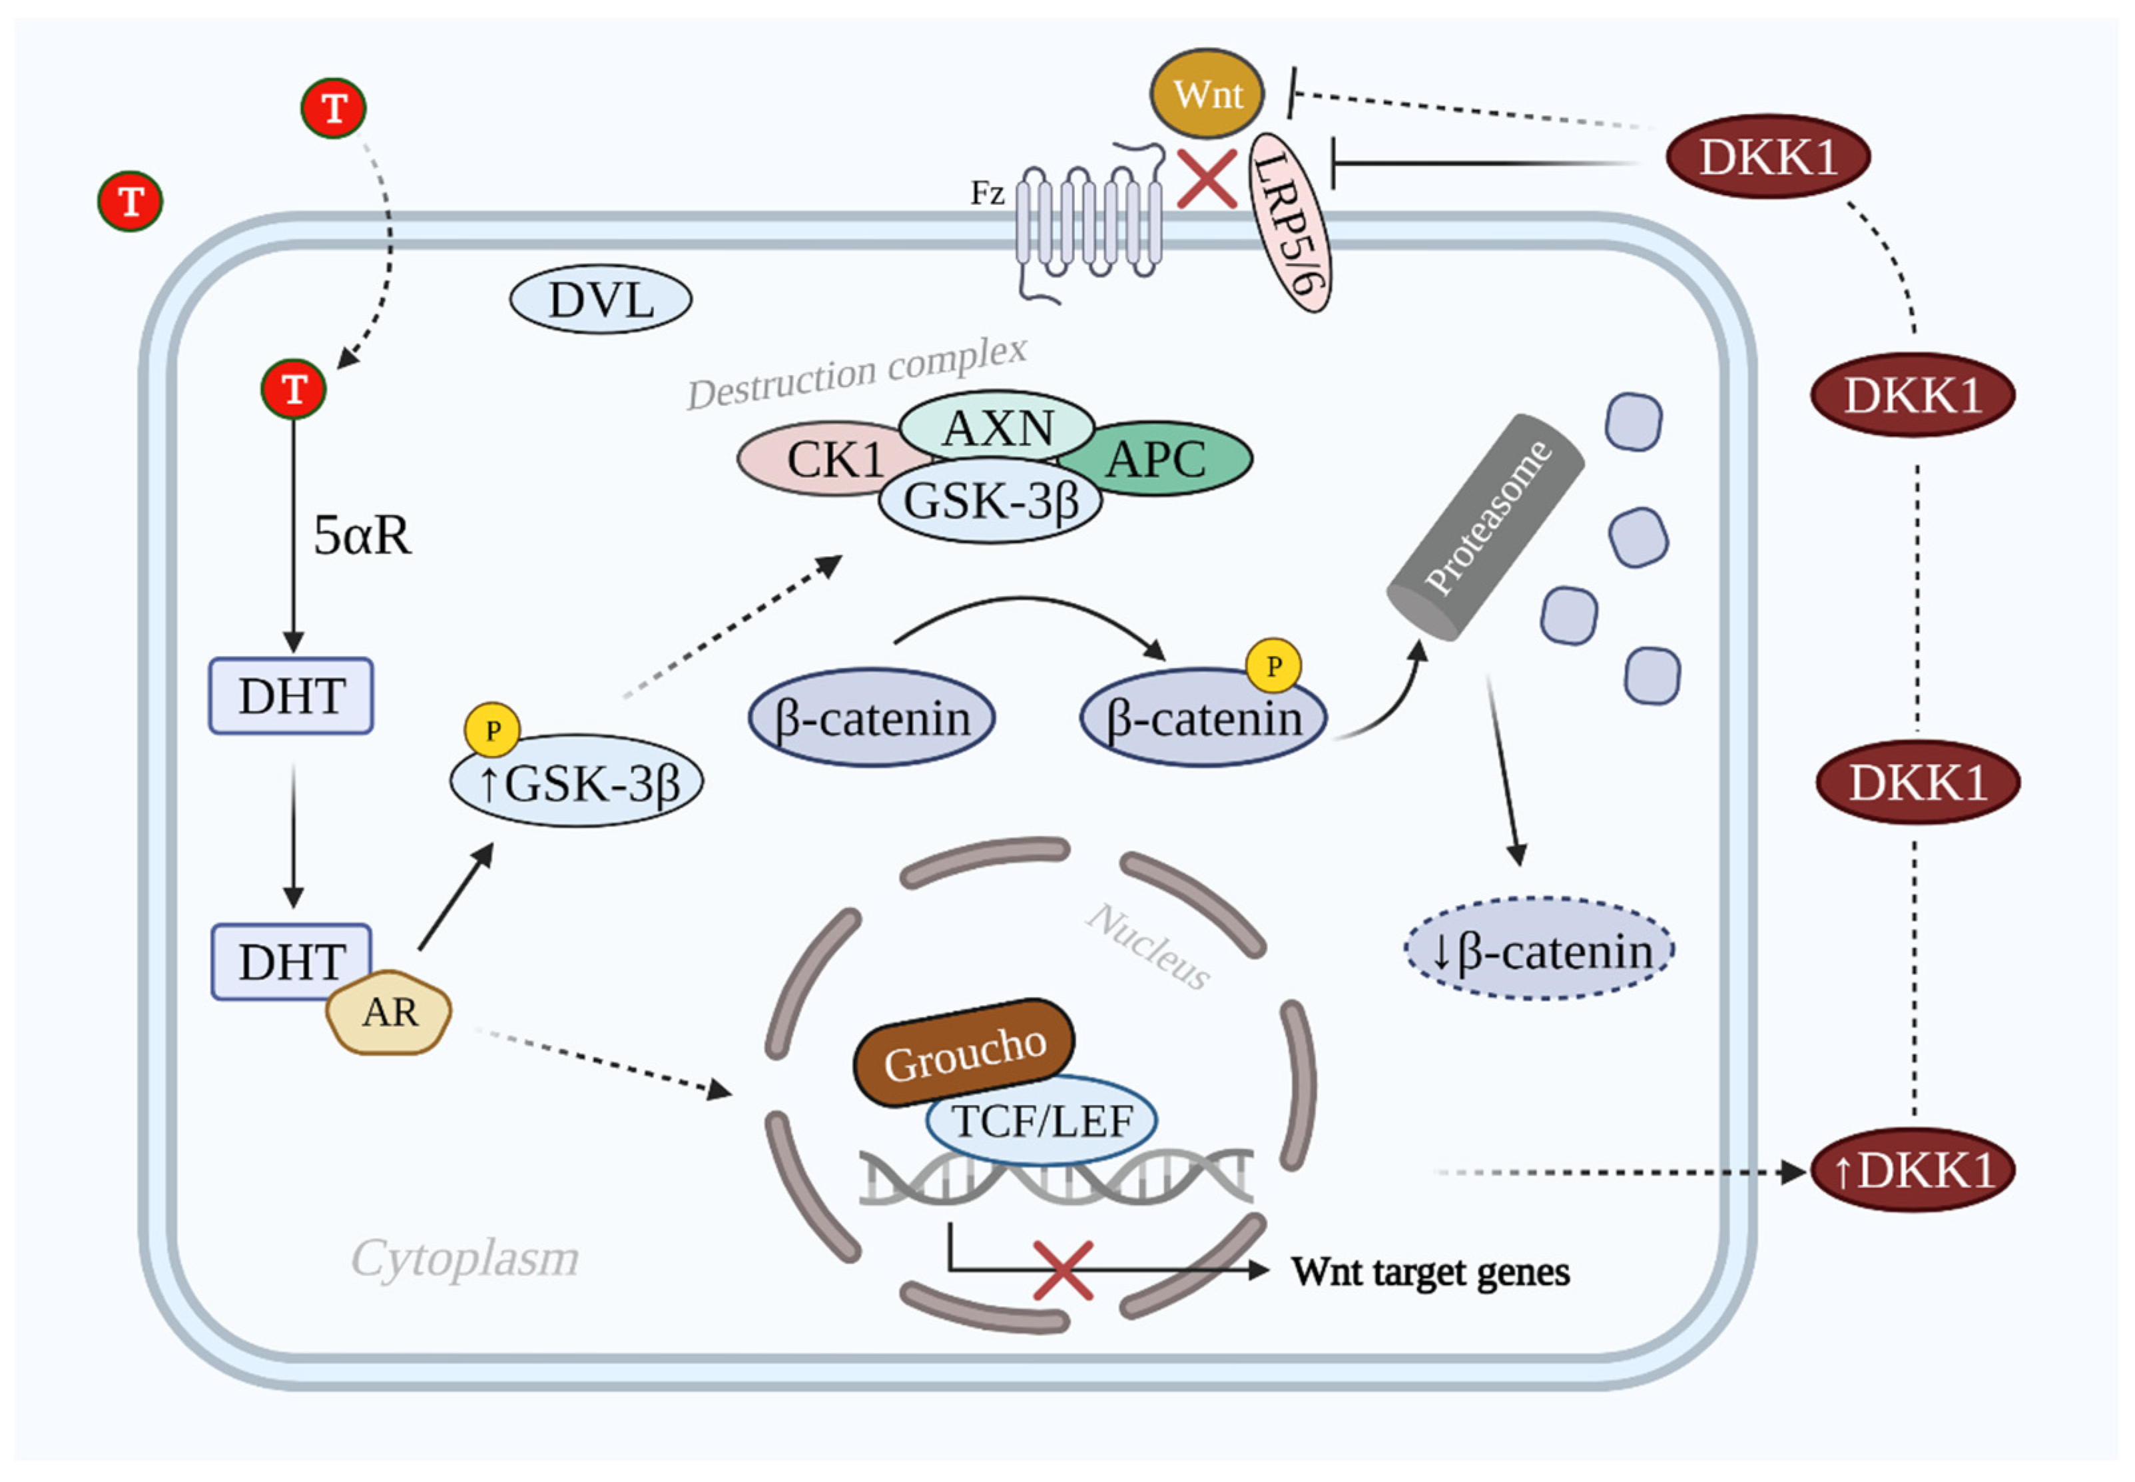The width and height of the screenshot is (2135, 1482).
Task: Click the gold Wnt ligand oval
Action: tap(1206, 94)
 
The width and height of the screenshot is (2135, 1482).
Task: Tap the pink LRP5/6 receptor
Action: tap(1289, 223)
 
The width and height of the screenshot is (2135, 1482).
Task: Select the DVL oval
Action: tap(601, 300)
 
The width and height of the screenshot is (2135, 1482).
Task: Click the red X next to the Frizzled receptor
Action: tap(1206, 179)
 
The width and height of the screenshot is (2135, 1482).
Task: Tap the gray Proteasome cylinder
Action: tap(1485, 526)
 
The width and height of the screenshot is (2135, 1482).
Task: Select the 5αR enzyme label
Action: tap(361, 536)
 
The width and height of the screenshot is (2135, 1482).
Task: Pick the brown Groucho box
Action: tap(964, 1053)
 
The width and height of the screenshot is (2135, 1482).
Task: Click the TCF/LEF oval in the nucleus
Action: tap(1041, 1122)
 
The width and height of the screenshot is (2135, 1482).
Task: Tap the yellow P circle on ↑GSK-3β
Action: tap(492, 730)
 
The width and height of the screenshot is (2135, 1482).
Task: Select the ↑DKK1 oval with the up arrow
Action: tap(1911, 1171)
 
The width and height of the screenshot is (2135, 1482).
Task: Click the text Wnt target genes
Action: tap(1430, 1272)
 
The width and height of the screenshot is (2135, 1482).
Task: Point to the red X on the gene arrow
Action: tap(1062, 1270)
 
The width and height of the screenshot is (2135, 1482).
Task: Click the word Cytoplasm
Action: tap(464, 1259)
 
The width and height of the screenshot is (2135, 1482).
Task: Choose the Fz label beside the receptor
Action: tap(987, 193)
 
